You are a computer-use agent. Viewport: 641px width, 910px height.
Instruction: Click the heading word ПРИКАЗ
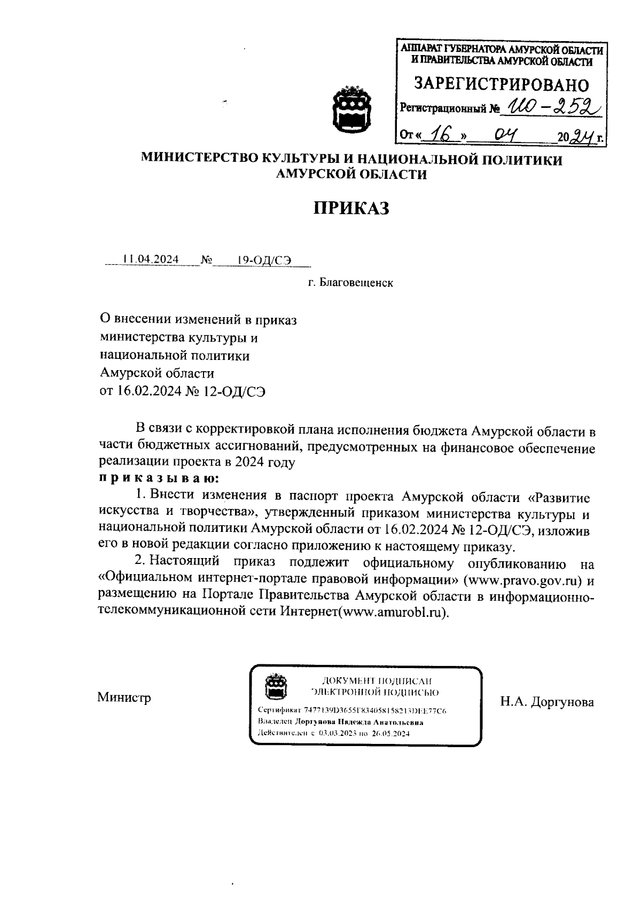click(351, 208)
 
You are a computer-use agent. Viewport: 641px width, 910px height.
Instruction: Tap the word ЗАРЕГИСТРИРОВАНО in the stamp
click(502, 85)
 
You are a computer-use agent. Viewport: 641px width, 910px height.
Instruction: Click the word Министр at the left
click(124, 697)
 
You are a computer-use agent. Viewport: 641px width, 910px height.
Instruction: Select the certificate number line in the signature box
click(352, 711)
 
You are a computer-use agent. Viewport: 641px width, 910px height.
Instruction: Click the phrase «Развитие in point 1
click(558, 497)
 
